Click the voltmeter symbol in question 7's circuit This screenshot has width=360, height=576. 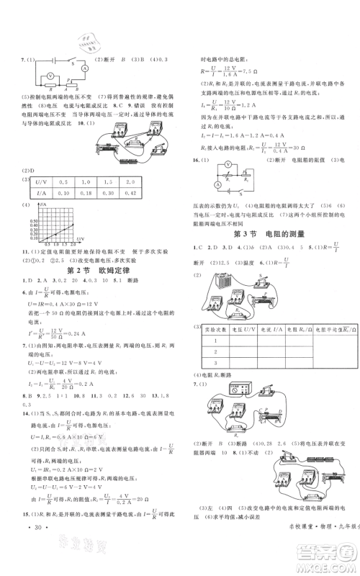(51, 75)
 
